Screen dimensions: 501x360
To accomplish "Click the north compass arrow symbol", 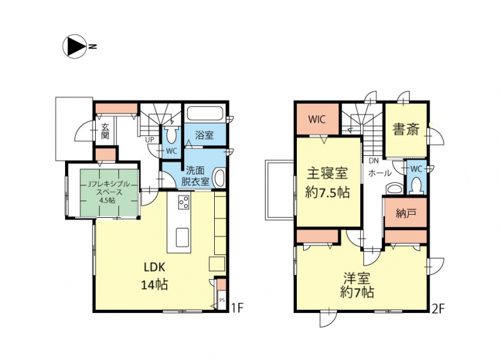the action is [74, 46].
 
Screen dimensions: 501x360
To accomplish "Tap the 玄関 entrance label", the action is [105, 131].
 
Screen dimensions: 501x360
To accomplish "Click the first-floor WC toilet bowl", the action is [172, 136].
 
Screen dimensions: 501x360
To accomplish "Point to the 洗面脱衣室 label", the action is [195, 176].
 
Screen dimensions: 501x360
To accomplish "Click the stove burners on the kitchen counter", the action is [183, 202].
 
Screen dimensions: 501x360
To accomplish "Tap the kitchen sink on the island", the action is [183, 237].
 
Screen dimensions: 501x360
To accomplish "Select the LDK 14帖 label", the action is [155, 275].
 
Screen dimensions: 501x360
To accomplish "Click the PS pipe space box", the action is [222, 300].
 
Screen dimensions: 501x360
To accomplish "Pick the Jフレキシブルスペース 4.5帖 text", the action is [109, 192].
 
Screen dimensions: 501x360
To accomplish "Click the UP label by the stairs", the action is [150, 140].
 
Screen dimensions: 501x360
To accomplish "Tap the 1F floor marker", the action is [237, 308].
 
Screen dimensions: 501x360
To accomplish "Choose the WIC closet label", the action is [317, 120].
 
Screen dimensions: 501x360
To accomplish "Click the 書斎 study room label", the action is [405, 130].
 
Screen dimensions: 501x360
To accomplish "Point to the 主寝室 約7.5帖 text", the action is [328, 183].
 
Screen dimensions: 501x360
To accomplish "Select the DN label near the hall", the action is [373, 161].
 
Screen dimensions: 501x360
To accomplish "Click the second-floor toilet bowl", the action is [415, 185].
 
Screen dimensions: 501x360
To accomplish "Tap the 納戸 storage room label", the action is [405, 213].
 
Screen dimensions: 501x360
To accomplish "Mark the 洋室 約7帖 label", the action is [357, 286].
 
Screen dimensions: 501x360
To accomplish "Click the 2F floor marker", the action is [438, 309].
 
